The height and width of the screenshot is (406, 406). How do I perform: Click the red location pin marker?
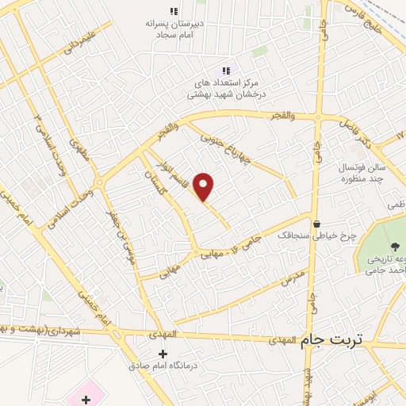[205, 186]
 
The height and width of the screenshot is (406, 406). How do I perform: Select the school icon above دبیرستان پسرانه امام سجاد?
[173, 11]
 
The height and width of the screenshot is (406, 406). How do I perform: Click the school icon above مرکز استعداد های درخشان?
[226, 71]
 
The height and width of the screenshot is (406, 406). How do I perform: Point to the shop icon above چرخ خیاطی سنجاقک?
[317, 224]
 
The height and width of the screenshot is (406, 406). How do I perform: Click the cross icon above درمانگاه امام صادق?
[163, 353]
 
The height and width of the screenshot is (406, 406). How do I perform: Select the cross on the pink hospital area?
[86, 397]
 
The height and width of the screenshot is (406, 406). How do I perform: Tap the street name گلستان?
[155, 182]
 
